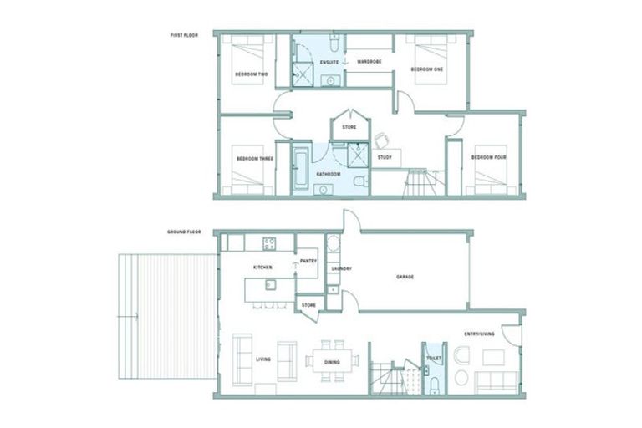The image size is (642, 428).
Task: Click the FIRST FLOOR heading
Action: click(x=181, y=35)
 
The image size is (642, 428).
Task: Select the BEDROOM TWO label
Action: click(x=251, y=75)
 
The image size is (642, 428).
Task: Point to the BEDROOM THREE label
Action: click(x=254, y=158)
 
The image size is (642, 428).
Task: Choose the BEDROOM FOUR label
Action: click(x=487, y=157)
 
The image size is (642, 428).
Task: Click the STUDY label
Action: click(x=385, y=157)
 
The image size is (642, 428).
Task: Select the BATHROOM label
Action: click(x=328, y=174)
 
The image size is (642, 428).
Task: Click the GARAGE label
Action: click(x=405, y=277)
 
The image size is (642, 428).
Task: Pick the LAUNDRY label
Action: click(x=340, y=268)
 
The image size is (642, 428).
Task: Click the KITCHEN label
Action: click(x=264, y=267)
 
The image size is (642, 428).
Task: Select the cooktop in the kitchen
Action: click(x=270, y=244)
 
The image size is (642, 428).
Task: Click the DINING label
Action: click(x=333, y=362)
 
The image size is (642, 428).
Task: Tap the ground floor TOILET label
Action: click(x=433, y=358)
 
